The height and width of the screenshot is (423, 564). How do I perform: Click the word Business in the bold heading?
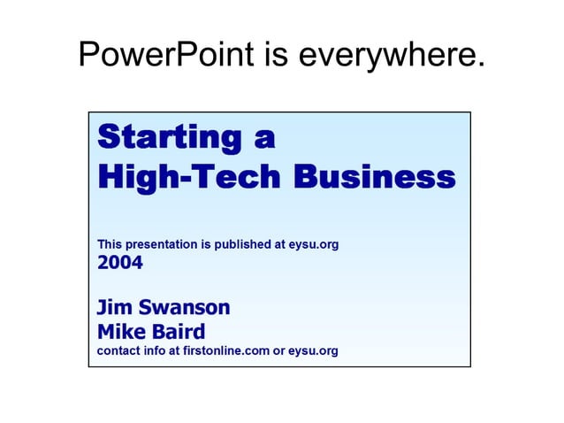(x=374, y=177)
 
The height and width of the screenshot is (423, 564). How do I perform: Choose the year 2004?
(x=119, y=263)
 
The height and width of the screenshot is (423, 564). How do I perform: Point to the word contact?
(x=118, y=351)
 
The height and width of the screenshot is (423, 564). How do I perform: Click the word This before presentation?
(x=110, y=244)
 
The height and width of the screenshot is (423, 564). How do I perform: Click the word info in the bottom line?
(x=154, y=351)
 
